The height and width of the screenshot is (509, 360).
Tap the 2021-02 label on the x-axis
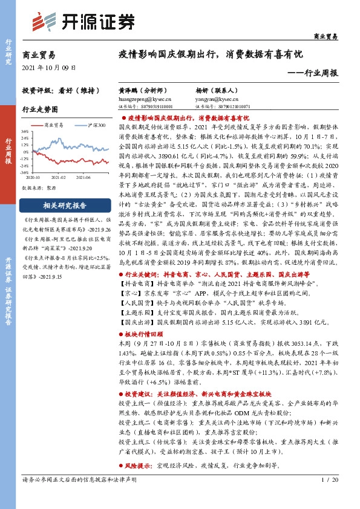(59, 177)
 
